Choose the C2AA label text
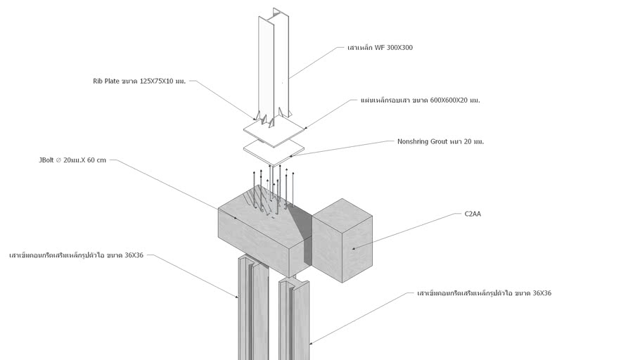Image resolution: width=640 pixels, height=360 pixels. click(x=473, y=214)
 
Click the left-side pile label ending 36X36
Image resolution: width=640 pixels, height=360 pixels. click(x=76, y=255)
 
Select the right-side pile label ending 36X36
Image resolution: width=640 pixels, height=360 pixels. click(x=484, y=293)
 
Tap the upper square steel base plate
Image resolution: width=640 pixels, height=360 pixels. click(x=274, y=129)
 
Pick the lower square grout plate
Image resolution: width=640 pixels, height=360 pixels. click(x=274, y=150)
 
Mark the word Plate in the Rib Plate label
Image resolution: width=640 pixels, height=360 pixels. click(x=111, y=81)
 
